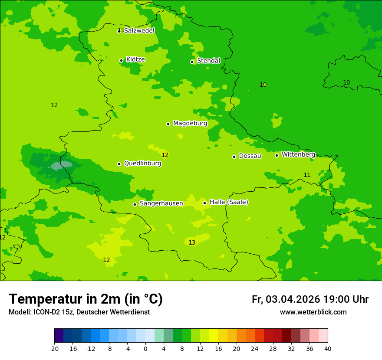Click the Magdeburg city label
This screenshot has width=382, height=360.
[190, 124]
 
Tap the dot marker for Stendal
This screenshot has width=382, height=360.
[192, 62]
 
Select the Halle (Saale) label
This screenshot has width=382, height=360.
[229, 202]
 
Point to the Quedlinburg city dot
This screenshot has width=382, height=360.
[119, 164]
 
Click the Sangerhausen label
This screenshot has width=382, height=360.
[161, 203]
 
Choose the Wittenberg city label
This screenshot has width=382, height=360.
[298, 154]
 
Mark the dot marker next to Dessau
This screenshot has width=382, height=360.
[234, 157]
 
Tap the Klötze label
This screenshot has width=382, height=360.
[135, 60]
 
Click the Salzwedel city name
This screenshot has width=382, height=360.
[139, 31]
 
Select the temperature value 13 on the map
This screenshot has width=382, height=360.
[192, 243]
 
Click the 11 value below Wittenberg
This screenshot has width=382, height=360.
[307, 175]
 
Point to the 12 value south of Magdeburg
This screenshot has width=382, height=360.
[165, 155]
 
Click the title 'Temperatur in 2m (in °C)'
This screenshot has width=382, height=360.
[86, 299]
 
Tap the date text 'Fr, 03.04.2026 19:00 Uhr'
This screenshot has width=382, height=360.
[310, 299]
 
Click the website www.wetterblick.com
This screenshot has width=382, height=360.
[313, 312]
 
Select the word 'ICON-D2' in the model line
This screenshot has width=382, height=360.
[45, 312]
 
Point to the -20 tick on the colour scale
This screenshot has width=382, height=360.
[54, 348]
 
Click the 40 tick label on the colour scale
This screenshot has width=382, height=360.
[328, 348]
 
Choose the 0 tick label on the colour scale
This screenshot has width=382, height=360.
[145, 348]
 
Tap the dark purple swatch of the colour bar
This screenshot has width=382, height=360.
[59, 336]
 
